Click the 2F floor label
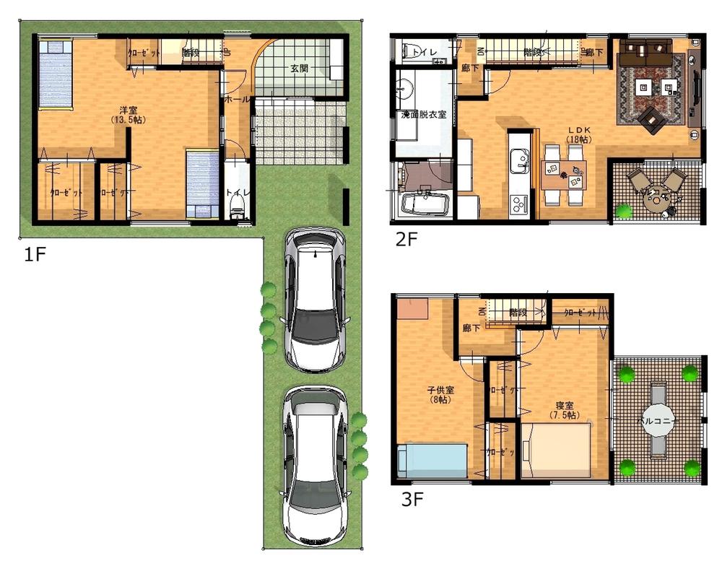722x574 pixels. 406,240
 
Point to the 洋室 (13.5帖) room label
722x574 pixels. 129,115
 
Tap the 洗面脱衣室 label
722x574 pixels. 423,114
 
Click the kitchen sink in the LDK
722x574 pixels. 519,160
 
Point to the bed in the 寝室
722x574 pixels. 556,451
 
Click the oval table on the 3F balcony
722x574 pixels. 658,420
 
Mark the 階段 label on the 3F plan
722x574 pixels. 516,313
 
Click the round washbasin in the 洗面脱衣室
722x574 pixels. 402,90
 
